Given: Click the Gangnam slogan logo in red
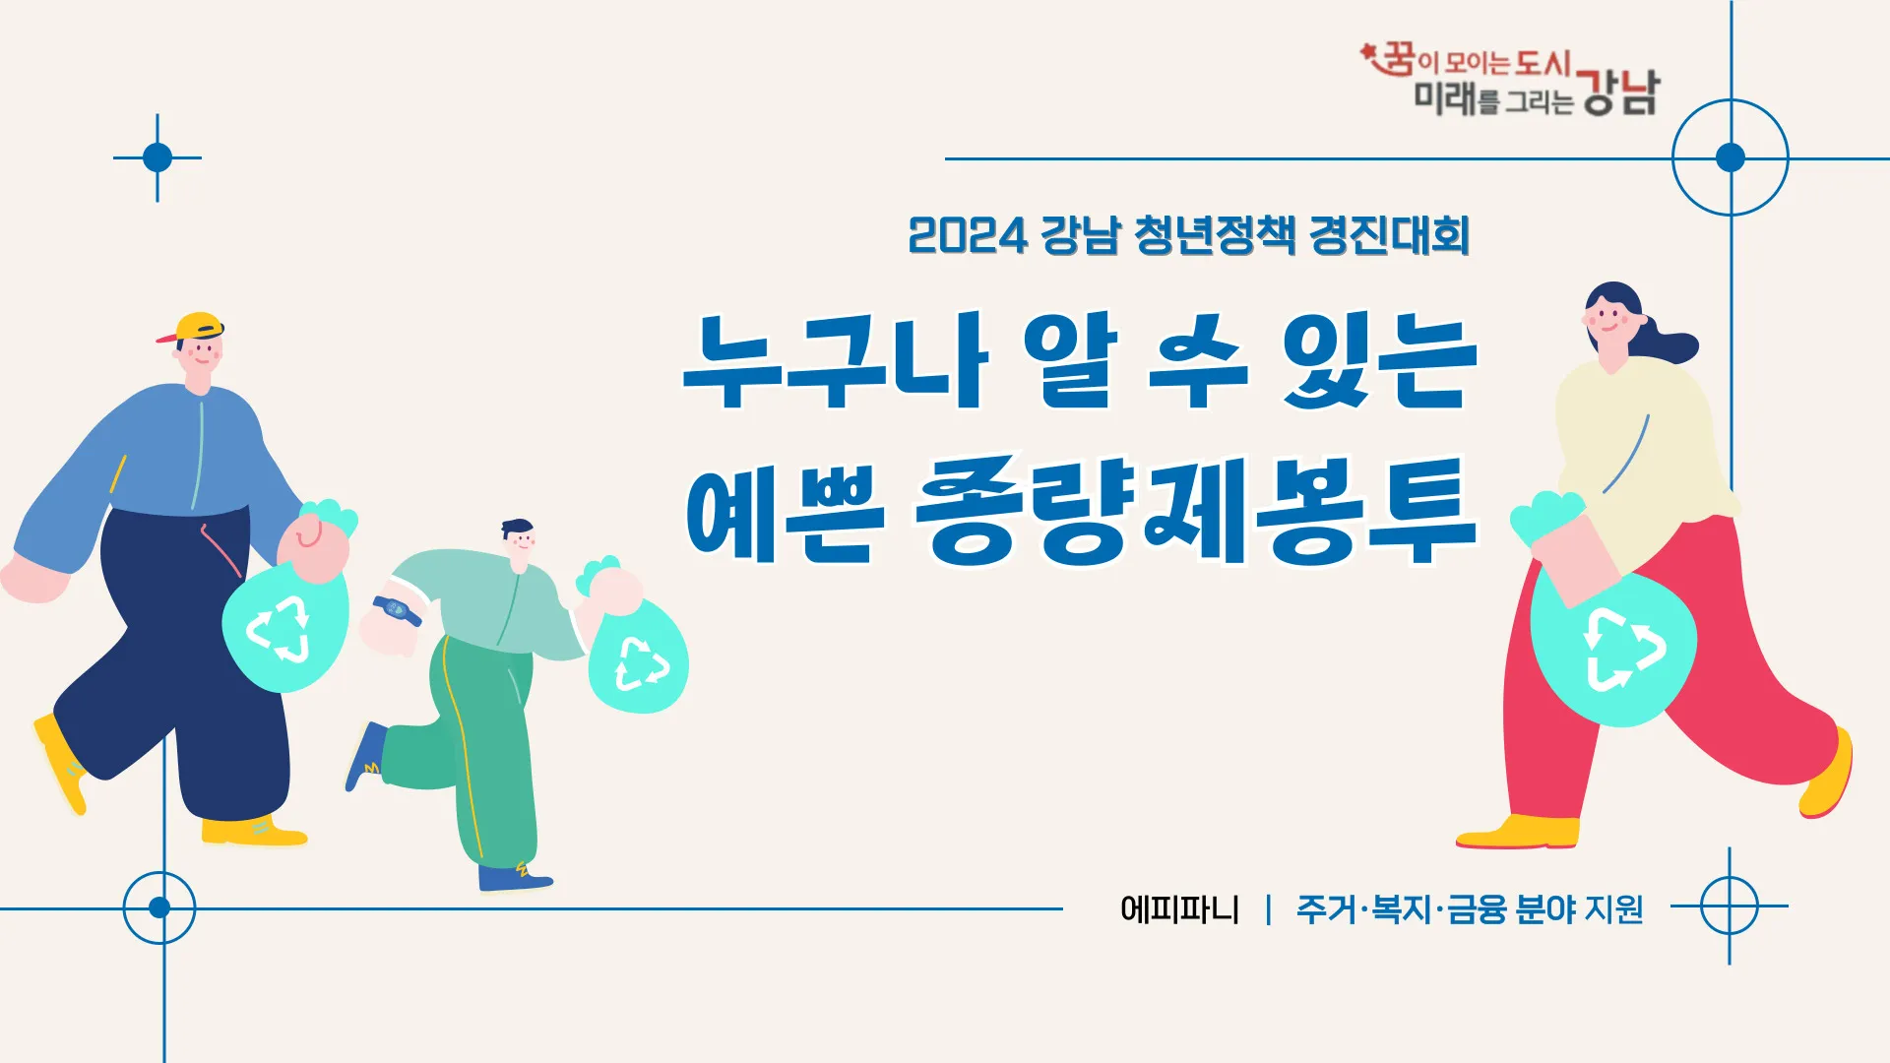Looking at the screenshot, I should [1511, 79].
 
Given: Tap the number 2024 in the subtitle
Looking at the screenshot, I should [967, 236].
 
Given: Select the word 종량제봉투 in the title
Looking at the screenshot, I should [1196, 512].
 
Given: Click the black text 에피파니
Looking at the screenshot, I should [1179, 908].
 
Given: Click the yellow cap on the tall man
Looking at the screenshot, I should [197, 327].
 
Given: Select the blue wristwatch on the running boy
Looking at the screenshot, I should [398, 610].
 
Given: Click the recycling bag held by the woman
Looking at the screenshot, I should [1614, 650].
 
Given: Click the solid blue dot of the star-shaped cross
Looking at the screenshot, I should [157, 157].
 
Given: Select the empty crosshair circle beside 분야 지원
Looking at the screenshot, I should [1729, 907].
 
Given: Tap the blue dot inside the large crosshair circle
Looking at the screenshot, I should [1730, 157].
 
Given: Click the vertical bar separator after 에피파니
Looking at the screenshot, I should [1268, 908].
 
